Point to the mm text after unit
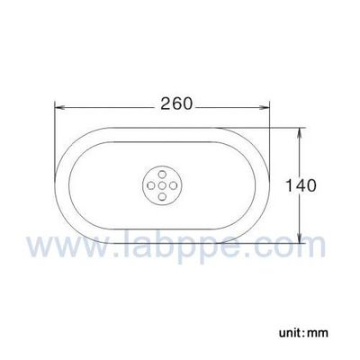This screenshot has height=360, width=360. pyautogui.click(x=317, y=333)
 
